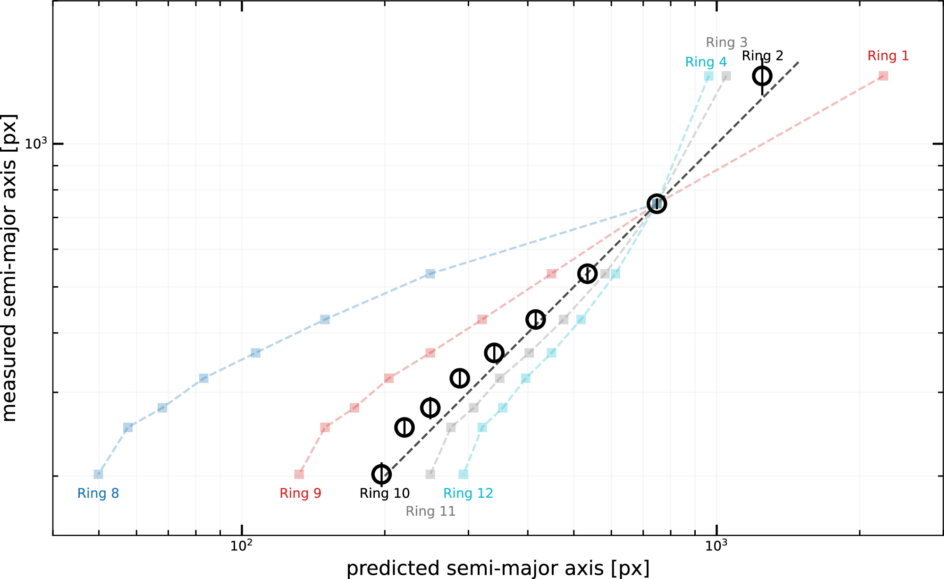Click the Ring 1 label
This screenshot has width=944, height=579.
tap(888, 56)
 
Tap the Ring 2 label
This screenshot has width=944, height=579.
tap(762, 56)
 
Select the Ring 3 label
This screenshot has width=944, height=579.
tap(726, 43)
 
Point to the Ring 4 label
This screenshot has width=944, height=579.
tap(706, 62)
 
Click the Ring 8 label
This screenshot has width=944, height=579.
tap(98, 493)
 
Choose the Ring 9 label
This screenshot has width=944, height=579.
tap(300, 493)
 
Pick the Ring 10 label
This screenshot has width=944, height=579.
tap(384, 493)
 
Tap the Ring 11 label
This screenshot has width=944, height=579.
tap(430, 511)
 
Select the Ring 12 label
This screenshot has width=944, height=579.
tap(468, 493)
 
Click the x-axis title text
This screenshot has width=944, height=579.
tap(498, 568)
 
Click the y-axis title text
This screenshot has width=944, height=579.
tap(9, 267)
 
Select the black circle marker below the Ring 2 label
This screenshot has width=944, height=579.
tap(762, 76)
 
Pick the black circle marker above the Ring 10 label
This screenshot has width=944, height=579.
tap(381, 474)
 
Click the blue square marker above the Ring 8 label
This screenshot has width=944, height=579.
tap(98, 474)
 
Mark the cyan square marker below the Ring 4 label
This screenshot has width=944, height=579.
tap(708, 76)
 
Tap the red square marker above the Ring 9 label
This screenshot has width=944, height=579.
tap(299, 474)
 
